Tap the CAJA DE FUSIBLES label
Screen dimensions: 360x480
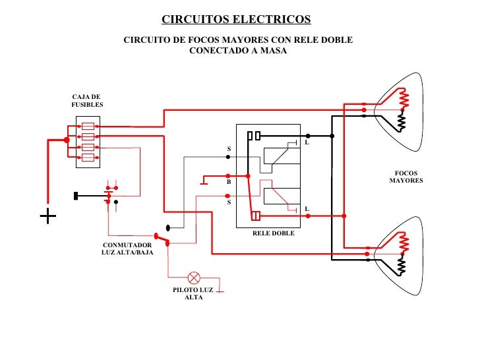point(86,100)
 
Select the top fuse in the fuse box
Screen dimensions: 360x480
point(87,125)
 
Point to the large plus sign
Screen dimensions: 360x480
point(47,216)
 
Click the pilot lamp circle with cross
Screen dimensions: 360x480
point(195,277)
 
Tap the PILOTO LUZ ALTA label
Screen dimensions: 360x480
point(193,293)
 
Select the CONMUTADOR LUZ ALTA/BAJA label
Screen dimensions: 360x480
point(127,249)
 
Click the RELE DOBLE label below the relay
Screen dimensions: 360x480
point(274,234)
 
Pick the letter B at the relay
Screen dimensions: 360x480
point(229,181)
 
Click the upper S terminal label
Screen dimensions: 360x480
point(229,149)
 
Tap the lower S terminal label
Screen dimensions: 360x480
point(229,202)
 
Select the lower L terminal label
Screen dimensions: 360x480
point(307,209)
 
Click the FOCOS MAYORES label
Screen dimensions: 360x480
point(405,177)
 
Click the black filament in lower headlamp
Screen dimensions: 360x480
point(402,265)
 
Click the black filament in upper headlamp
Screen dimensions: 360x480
point(402,123)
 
